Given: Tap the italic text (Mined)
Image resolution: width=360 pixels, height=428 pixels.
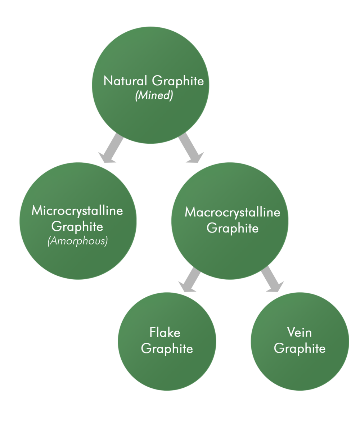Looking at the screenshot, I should [154, 96].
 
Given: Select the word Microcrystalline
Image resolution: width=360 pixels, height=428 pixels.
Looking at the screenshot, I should [77, 211].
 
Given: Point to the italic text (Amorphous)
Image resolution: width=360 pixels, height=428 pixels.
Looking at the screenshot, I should [77, 241].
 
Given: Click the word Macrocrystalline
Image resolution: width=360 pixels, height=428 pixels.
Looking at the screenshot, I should [232, 212].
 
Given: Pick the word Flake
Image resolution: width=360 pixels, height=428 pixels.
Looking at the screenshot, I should [165, 332].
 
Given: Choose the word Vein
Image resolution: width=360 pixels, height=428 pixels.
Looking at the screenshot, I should [299, 332].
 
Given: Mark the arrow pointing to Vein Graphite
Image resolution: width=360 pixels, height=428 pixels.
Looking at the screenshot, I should [271, 279].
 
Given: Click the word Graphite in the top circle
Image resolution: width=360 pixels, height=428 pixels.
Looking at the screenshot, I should [178, 81].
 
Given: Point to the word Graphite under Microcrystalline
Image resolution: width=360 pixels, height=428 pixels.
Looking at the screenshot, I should [77, 227].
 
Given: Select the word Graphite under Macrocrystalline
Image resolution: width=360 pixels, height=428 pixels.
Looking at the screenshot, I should [232, 228].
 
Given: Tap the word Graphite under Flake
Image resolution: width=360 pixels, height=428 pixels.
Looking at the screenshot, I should [167, 348].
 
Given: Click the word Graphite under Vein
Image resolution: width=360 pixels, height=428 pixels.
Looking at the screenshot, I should [300, 348].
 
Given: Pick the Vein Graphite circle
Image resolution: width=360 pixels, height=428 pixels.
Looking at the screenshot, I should [300, 371].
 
